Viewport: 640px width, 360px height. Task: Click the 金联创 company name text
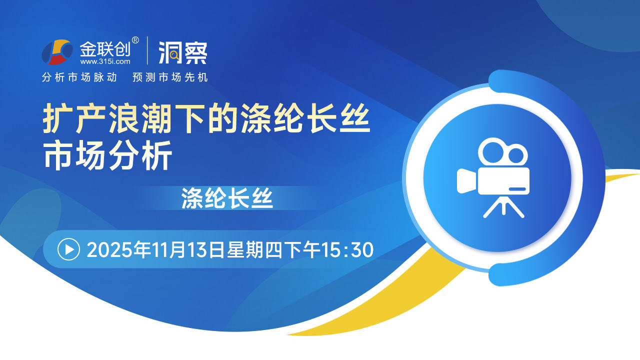click(105, 49)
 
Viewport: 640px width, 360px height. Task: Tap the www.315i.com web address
click(105, 61)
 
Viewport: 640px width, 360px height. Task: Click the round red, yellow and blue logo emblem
click(57, 52)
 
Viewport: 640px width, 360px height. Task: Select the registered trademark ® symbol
click(135, 40)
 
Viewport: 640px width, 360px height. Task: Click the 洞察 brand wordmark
click(183, 53)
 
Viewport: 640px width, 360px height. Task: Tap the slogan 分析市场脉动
click(79, 77)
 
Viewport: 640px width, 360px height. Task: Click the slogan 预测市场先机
click(170, 77)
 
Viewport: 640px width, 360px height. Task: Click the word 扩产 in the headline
click(75, 118)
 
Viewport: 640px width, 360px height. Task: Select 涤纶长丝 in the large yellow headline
click(305, 118)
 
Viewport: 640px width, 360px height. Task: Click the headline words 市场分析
click(107, 155)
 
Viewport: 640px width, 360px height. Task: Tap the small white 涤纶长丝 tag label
click(227, 198)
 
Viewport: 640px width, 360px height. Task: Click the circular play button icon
click(68, 249)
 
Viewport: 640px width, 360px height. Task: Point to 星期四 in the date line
click(255, 249)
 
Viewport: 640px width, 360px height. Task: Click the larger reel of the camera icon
click(493, 151)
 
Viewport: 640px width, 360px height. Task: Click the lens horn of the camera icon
click(466, 181)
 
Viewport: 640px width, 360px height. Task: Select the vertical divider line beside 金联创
click(147, 50)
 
